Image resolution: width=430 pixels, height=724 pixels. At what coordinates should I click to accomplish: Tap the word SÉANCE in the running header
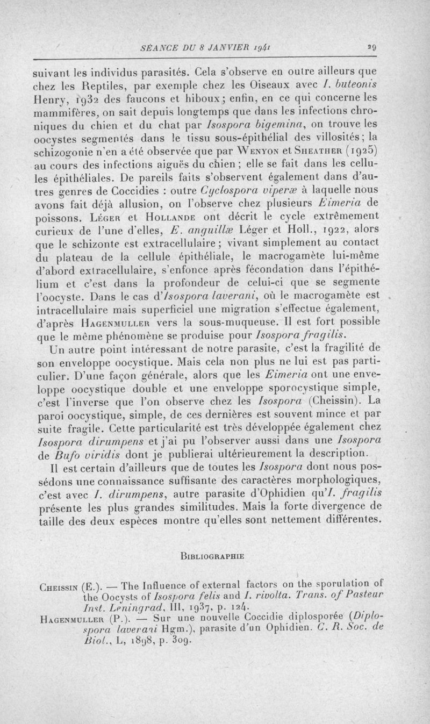tap(155, 47)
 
